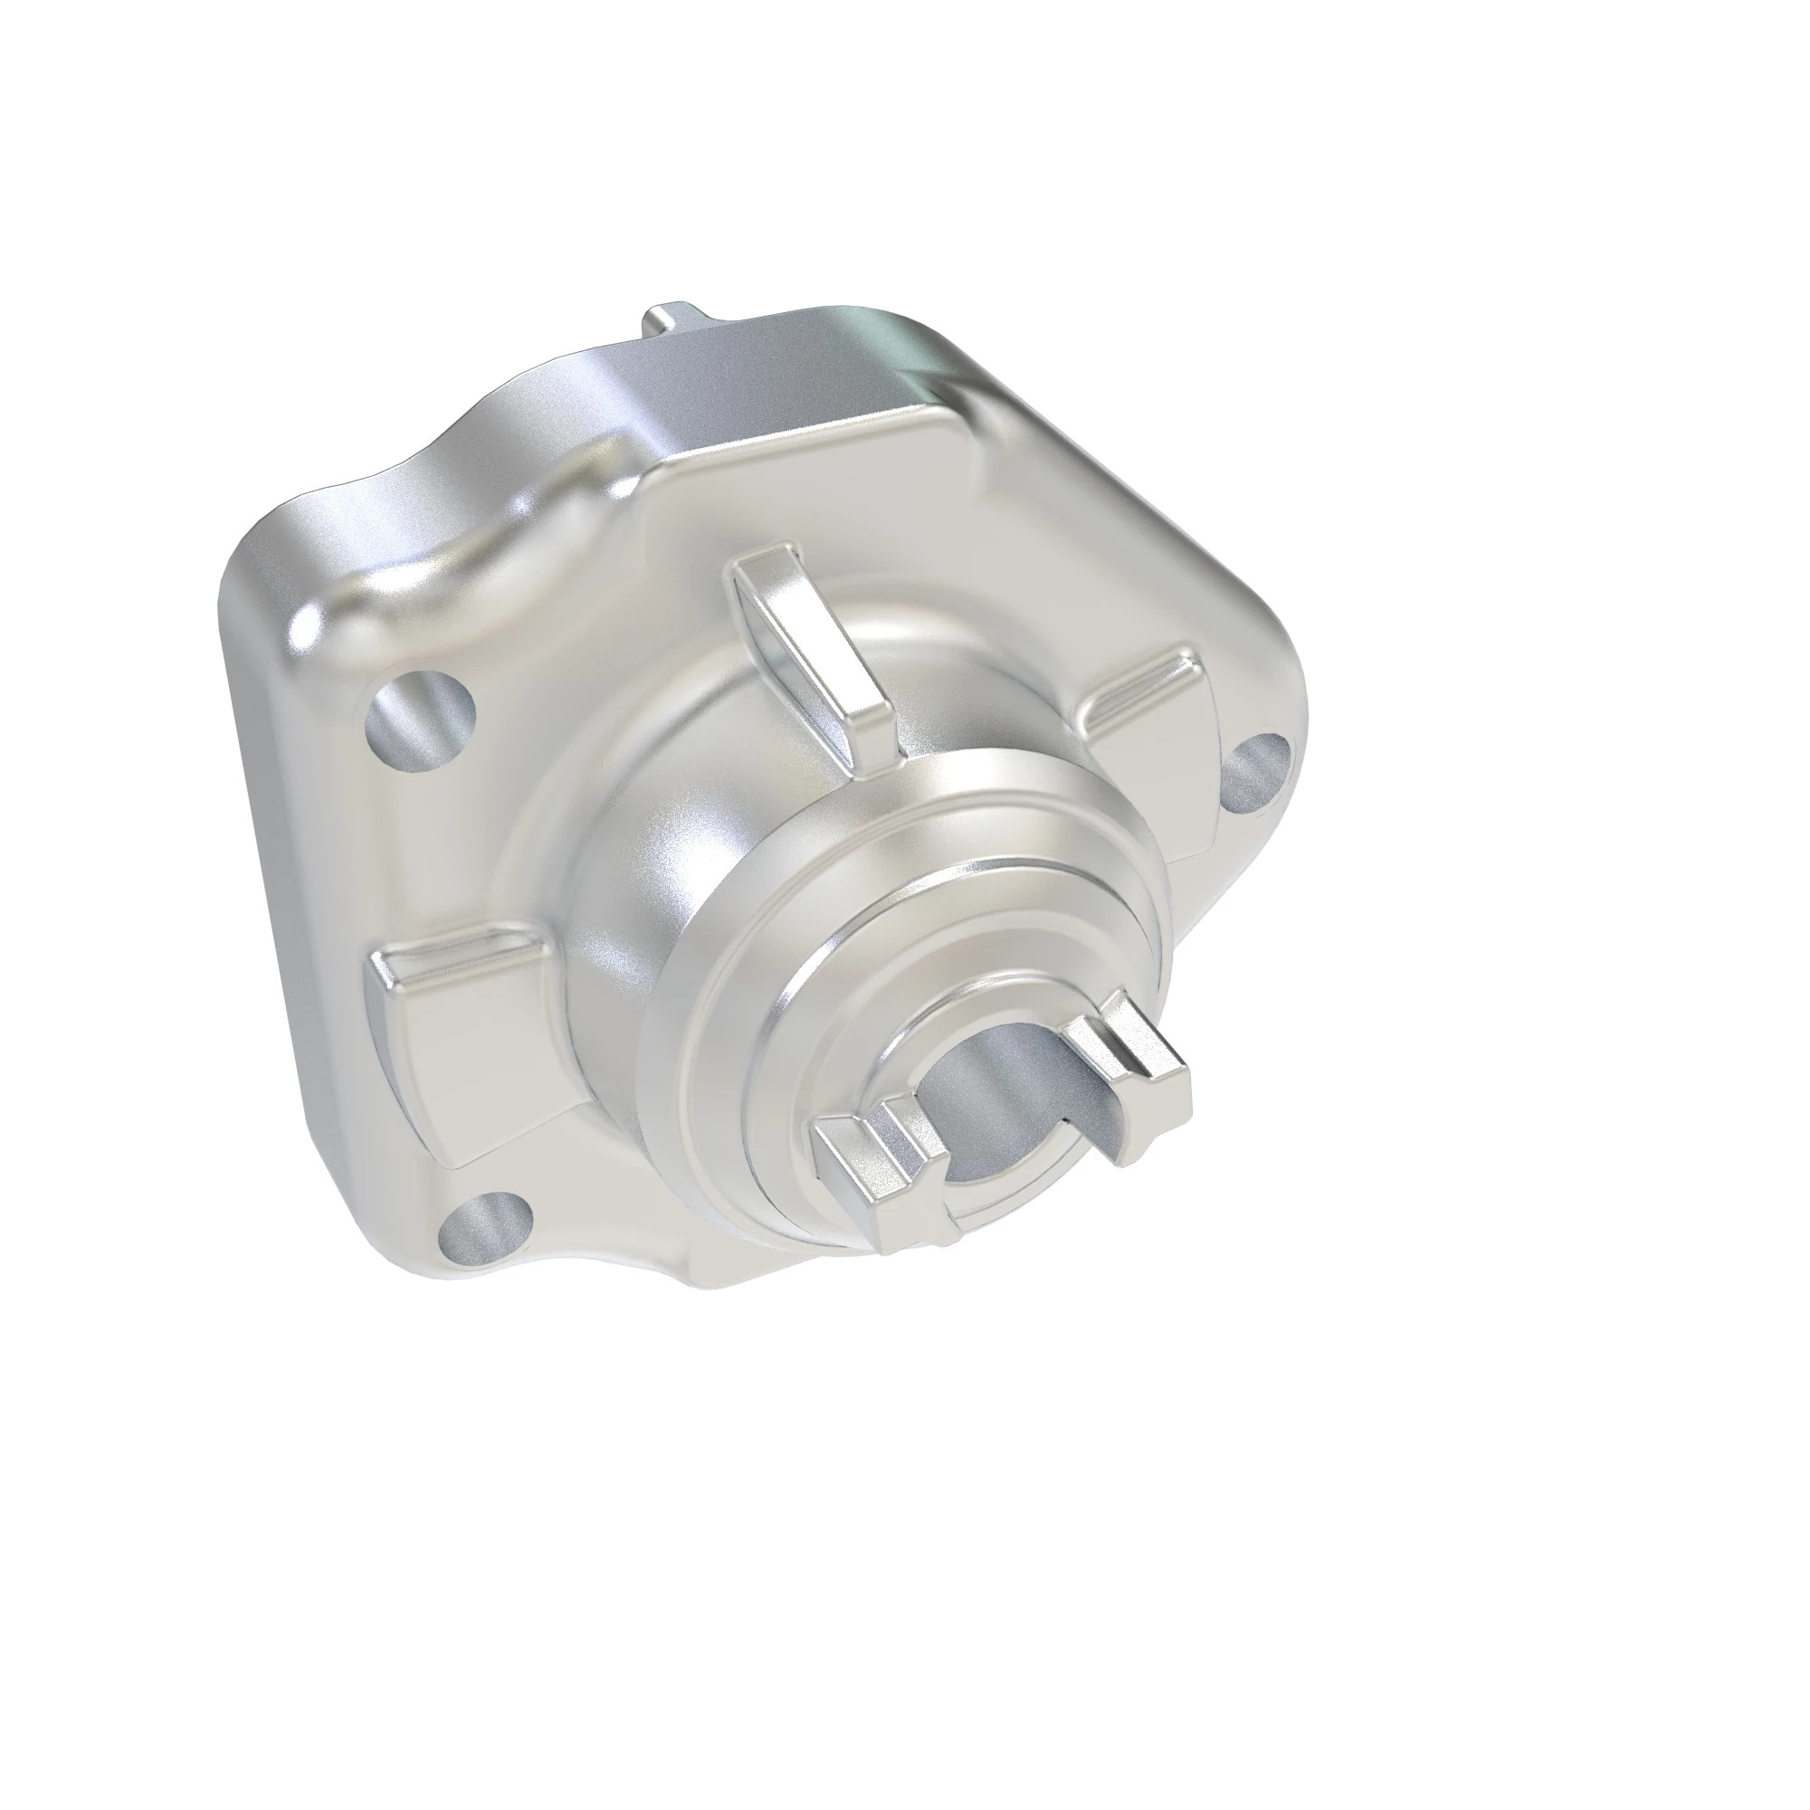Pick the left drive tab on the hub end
coord(876,1180)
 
